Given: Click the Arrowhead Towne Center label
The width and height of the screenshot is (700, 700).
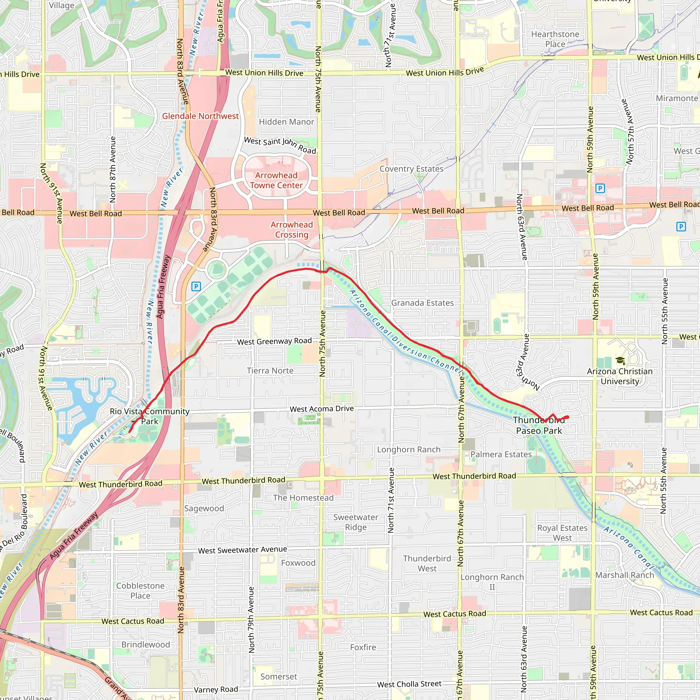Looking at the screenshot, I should click(276, 180).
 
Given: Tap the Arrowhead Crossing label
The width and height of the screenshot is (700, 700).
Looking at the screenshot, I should click(291, 229).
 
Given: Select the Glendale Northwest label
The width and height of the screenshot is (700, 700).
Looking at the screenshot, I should click(200, 116).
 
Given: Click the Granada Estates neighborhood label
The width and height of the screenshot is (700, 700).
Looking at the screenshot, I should click(422, 303).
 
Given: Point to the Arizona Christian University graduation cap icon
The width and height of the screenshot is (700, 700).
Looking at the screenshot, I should click(620, 361).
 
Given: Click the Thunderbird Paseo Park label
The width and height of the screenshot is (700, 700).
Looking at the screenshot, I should click(539, 425).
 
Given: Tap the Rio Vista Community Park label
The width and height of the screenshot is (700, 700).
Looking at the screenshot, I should click(150, 416).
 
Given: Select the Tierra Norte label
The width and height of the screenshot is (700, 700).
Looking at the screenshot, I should click(270, 371).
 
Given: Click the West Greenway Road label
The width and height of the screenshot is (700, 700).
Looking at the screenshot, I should click(274, 341).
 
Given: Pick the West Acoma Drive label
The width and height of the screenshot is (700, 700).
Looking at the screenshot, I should click(321, 409).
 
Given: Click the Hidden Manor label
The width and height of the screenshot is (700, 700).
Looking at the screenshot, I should click(286, 122).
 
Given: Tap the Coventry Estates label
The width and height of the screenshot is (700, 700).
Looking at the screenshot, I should click(411, 169).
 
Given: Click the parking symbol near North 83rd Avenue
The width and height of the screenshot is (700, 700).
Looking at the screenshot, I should click(196, 286).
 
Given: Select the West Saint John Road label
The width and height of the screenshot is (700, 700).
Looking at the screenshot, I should click(280, 145).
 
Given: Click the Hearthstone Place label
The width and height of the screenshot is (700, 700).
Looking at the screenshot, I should click(555, 39).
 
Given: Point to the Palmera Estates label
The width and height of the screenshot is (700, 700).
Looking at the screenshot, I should click(501, 454).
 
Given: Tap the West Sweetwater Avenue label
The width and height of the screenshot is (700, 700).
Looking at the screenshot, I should click(242, 550).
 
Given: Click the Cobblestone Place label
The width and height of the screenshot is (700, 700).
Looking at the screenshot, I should click(140, 591).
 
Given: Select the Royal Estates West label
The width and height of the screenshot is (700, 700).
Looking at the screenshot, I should click(562, 533).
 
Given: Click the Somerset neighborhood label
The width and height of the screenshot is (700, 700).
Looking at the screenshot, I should click(278, 676).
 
